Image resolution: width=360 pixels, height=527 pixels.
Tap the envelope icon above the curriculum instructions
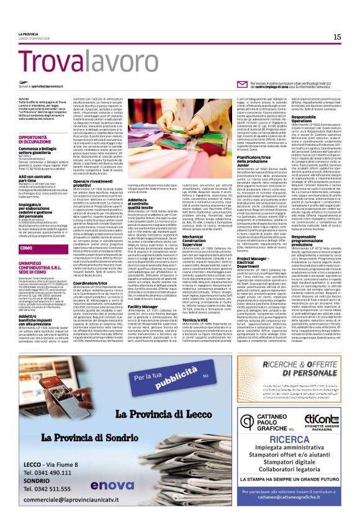click(x=190, y=83)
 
